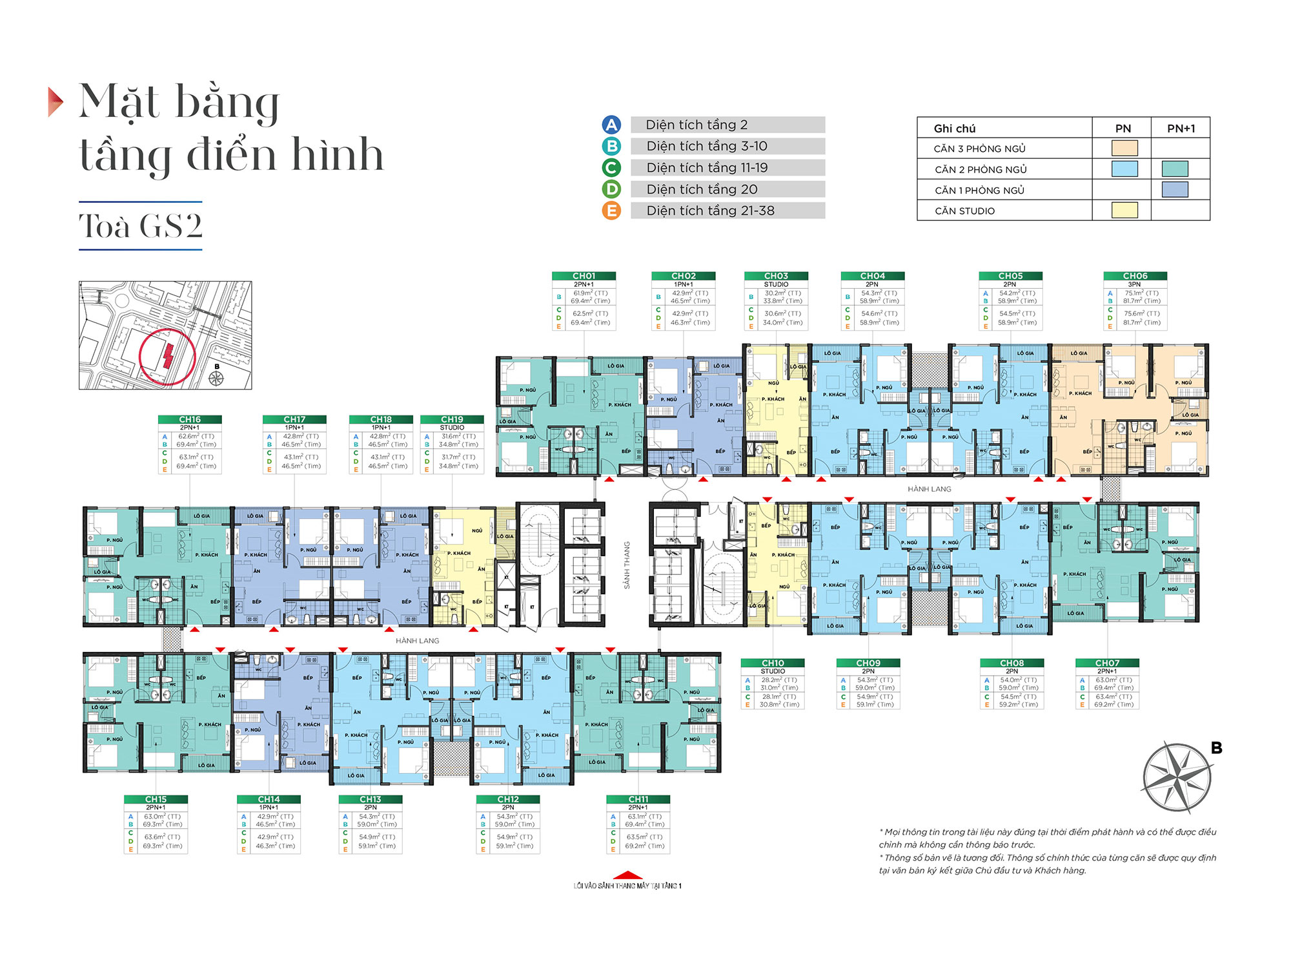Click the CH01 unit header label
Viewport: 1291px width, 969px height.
click(584, 276)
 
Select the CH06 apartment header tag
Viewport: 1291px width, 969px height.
click(1135, 276)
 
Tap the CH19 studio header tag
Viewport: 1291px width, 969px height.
click(452, 419)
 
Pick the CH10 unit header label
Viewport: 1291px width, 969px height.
click(773, 663)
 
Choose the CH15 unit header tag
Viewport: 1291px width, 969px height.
click(156, 799)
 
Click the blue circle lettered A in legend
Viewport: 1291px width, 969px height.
click(611, 125)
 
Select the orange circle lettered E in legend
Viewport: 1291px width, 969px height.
click(611, 211)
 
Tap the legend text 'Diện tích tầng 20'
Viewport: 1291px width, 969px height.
click(702, 189)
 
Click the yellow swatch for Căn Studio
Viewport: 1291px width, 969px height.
click(1124, 210)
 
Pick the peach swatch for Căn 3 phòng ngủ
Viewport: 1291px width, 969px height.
click(1124, 148)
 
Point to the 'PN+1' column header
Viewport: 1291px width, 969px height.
click(1181, 128)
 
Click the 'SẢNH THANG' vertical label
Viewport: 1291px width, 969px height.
click(626, 565)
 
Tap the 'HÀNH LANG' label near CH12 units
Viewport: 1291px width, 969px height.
click(417, 641)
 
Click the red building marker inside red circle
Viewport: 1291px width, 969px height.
click(168, 356)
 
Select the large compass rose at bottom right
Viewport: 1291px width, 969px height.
click(1177, 777)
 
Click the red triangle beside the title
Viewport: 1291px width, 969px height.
click(56, 101)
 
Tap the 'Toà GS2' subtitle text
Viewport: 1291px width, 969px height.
click(141, 225)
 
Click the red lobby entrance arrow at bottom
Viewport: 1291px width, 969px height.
click(627, 875)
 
